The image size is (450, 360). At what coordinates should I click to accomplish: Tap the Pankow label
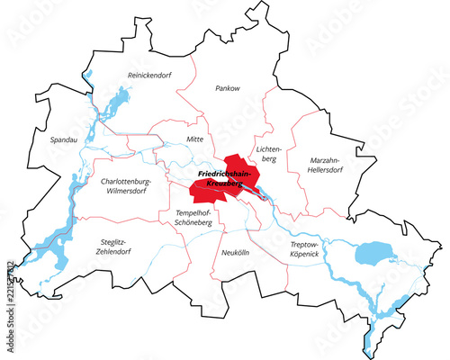point(227,88)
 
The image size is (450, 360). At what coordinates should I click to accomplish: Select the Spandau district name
point(52,139)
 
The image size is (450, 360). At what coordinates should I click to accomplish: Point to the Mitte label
point(193,139)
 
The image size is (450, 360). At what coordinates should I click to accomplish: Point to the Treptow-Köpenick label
point(304,249)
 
